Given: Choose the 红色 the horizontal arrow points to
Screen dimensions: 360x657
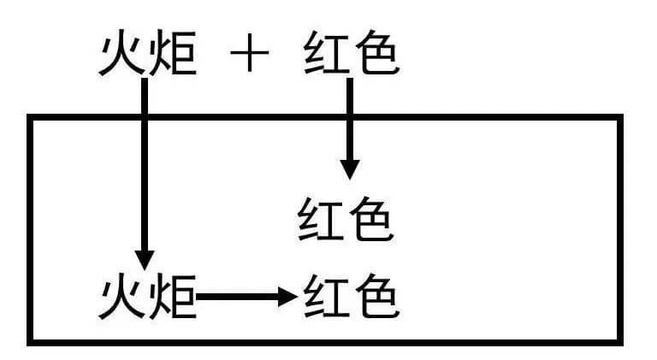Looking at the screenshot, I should coord(351,297).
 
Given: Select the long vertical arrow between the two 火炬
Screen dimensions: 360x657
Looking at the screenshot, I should coord(145,171).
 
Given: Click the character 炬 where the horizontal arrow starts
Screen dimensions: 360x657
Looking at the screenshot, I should coord(174,297).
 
